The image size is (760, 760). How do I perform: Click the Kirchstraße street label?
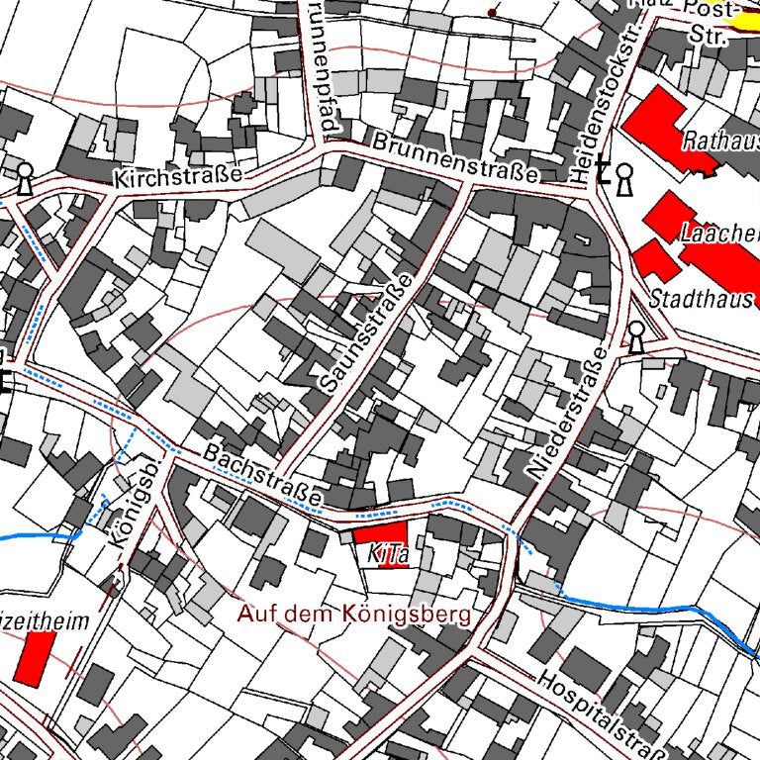coord(178,178)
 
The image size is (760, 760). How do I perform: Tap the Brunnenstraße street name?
coord(457,158)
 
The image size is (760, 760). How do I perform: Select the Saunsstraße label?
coord(363,332)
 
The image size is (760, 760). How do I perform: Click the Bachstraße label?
coord(265,477)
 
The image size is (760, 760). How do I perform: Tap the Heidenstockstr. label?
coord(606,104)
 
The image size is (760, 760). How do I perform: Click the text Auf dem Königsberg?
coord(354,614)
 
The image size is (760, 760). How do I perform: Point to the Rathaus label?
coord(719,142)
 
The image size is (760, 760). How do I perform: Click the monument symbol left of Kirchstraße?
coord(25,179)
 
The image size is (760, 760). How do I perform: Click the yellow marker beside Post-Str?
coord(744,17)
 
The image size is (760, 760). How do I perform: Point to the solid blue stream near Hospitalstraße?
coord(643,606)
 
